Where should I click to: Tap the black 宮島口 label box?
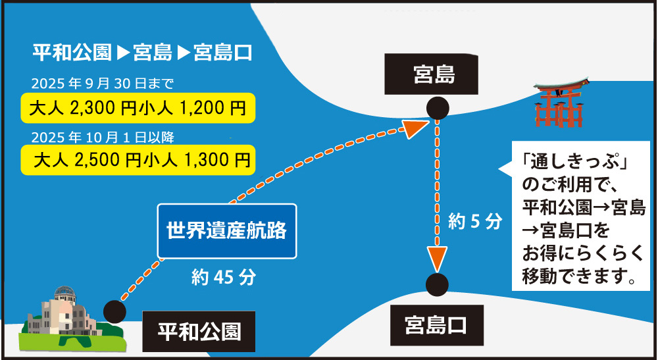[x=435, y=325]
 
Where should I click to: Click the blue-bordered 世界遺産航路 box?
[x=226, y=231]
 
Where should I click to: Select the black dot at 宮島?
[x=438, y=109]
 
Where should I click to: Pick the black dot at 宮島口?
[x=437, y=284]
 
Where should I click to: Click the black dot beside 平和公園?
[x=115, y=311]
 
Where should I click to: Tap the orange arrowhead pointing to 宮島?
[x=416, y=127]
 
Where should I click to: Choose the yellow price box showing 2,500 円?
[x=138, y=159]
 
